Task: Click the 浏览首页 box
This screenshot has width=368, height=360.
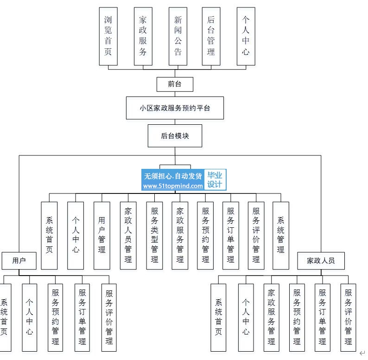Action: click(108, 36)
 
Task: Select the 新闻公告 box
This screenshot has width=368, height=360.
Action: click(178, 36)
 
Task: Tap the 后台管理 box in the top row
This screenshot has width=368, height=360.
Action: click(211, 36)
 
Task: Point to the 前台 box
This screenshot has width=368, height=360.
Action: click(175, 84)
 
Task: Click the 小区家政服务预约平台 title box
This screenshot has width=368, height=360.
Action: click(175, 108)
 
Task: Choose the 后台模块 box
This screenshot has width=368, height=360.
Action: click(175, 136)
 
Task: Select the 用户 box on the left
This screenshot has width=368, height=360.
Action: click(19, 261)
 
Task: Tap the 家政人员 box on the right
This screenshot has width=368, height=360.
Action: click(321, 261)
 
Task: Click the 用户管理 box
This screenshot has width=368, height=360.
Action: click(102, 235)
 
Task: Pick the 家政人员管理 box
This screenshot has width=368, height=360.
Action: click(128, 235)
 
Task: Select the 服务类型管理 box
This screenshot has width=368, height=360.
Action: click(154, 235)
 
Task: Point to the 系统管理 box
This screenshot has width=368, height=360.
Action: click(280, 235)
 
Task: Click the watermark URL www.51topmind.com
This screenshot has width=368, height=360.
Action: click(173, 186)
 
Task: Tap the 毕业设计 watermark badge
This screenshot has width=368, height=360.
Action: click(215, 180)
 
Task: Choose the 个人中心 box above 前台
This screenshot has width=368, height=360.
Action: click(245, 36)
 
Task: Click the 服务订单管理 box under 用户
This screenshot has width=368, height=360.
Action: click(82, 317)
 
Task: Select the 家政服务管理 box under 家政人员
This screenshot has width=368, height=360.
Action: click(272, 317)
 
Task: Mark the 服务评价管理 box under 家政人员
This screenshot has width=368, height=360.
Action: click(348, 317)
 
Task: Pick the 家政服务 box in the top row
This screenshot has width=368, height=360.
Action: click(143, 36)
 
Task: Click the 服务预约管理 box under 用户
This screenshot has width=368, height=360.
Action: click(56, 317)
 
